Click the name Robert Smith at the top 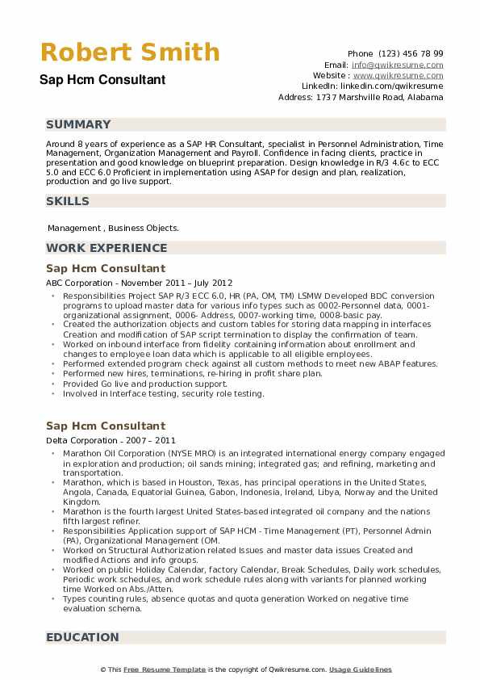(x=129, y=52)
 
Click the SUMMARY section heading (x=78, y=124)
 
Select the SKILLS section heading (x=68, y=199)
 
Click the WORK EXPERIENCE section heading (x=106, y=248)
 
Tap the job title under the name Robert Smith (x=102, y=80)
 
